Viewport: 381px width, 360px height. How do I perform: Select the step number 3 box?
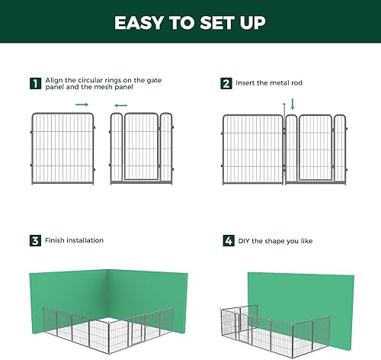pos(34,240)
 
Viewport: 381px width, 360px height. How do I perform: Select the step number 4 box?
pos(226,240)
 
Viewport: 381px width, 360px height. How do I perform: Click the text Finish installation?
pos(74,240)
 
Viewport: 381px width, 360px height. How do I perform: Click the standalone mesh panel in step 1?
pos(62,148)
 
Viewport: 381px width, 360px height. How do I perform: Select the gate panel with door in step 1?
pos(142,148)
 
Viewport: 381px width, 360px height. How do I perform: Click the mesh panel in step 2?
pos(251,148)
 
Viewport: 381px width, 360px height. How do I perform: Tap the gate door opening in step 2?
pos(315,148)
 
